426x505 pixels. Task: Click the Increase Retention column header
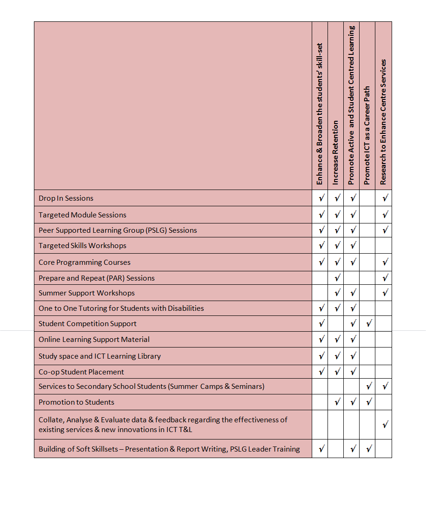(336, 152)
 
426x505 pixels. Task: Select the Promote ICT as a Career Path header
(367, 136)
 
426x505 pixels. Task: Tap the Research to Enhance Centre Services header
(383, 122)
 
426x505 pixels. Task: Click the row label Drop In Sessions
(66, 198)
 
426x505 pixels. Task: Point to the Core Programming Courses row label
(85, 262)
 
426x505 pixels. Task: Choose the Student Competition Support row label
(87, 324)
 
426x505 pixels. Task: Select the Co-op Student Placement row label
(81, 372)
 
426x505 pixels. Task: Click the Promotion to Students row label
(76, 402)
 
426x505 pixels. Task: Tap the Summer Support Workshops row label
(86, 293)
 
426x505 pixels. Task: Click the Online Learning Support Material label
(94, 340)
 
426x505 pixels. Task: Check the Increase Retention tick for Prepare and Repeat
(337, 278)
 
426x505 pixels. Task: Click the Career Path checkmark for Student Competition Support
(368, 324)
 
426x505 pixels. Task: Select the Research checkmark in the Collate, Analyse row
(385, 425)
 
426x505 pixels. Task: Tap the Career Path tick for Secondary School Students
(368, 387)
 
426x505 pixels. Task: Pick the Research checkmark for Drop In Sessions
(385, 198)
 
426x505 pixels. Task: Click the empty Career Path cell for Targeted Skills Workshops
(367, 246)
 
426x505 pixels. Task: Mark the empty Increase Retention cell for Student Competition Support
(336, 324)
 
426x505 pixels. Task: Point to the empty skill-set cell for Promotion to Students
(320, 402)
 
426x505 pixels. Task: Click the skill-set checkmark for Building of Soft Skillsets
(321, 449)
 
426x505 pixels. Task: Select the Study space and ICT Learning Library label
(99, 356)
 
